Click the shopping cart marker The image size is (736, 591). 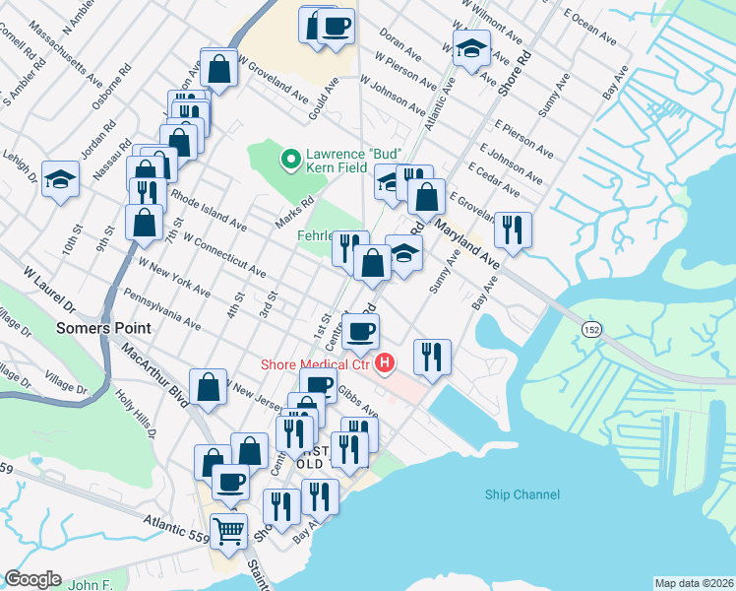tap(229, 530)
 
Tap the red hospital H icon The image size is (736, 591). tap(386, 364)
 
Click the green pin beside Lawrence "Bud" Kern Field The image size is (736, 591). tap(290, 158)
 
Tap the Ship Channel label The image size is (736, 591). tap(522, 494)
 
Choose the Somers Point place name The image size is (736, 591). tap(103, 328)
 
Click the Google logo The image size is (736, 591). tap(32, 578)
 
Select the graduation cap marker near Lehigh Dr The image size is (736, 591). tap(60, 179)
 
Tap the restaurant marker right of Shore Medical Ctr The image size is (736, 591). tap(432, 357)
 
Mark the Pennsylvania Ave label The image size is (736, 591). tap(162, 309)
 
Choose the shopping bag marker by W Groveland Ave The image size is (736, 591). tap(218, 68)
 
